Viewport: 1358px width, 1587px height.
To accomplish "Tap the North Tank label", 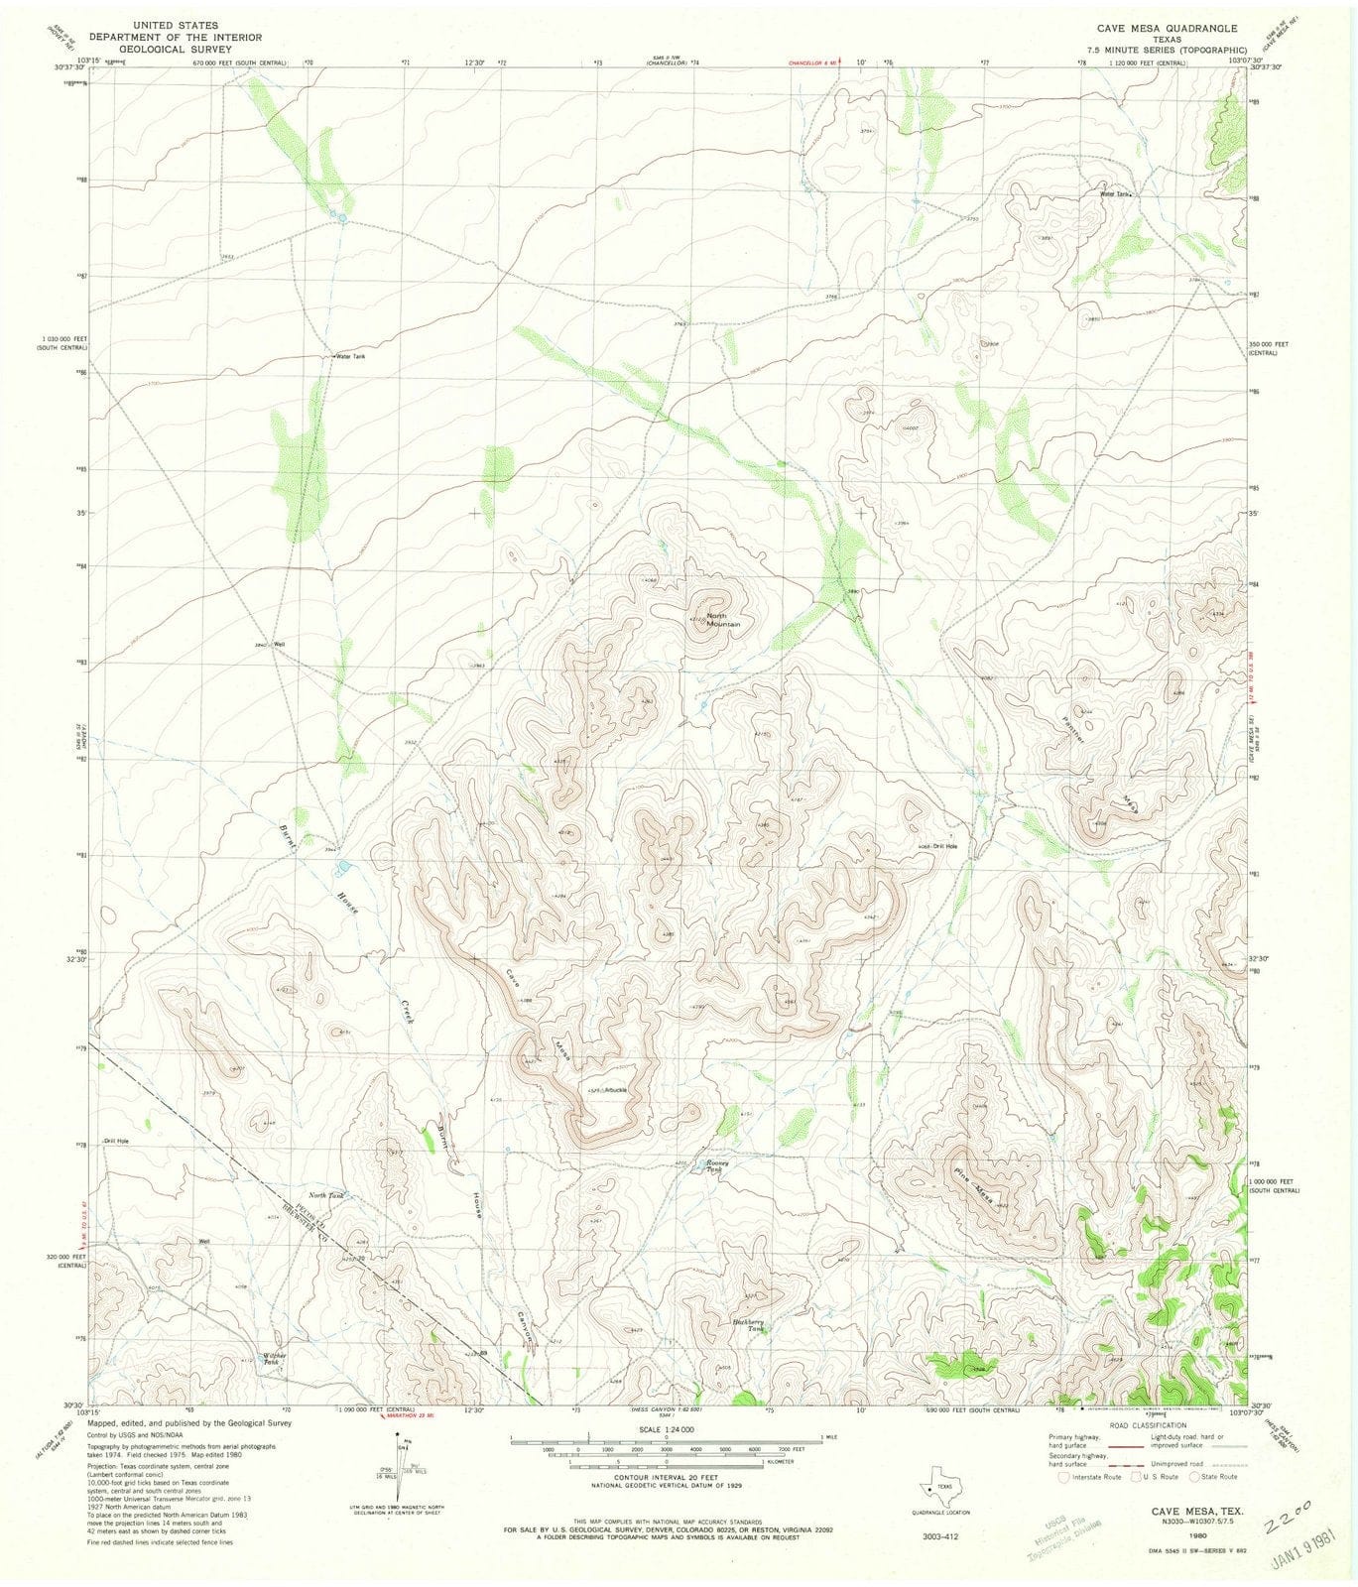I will click(x=326, y=1196).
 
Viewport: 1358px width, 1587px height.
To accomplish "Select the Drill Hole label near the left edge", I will click(x=117, y=1141).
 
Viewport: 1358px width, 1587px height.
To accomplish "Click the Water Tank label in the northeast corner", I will click(x=1114, y=194).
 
